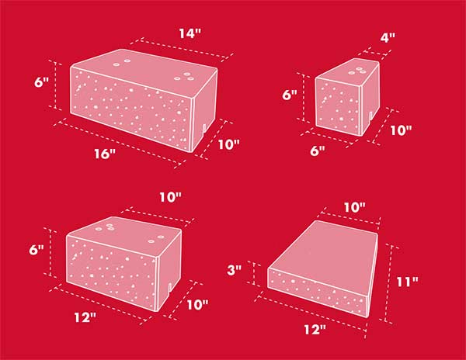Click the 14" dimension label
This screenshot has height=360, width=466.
click(x=190, y=33)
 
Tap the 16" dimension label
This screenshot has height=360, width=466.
click(x=105, y=154)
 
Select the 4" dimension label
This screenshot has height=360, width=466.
click(x=388, y=37)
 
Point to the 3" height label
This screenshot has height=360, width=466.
click(x=235, y=270)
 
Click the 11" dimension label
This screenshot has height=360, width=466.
click(x=408, y=282)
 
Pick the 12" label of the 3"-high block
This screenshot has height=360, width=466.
click(x=315, y=330)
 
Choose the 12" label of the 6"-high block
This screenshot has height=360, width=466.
click(x=85, y=317)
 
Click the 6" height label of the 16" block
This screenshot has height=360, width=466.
click(x=41, y=82)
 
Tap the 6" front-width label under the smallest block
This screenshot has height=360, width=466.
click(x=318, y=151)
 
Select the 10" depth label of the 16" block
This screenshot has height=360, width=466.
click(x=229, y=144)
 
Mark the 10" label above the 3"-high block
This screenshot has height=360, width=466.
click(x=356, y=207)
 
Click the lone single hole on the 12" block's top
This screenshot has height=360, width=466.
click(x=161, y=237)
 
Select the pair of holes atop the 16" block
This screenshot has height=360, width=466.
click(x=122, y=63)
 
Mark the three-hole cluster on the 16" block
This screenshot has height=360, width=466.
click(x=184, y=76)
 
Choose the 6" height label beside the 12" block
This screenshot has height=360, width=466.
click(x=37, y=250)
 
